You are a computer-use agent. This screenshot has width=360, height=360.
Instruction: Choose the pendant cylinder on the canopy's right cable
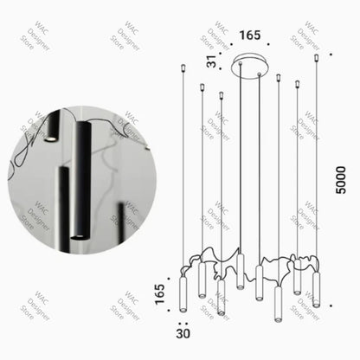[x=259, y=276]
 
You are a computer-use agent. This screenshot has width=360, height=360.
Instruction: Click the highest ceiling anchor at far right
[x=317, y=58]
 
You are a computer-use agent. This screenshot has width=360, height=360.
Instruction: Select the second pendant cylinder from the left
[x=202, y=278]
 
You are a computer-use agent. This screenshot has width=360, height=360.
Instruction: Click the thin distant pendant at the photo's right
[x=120, y=221]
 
